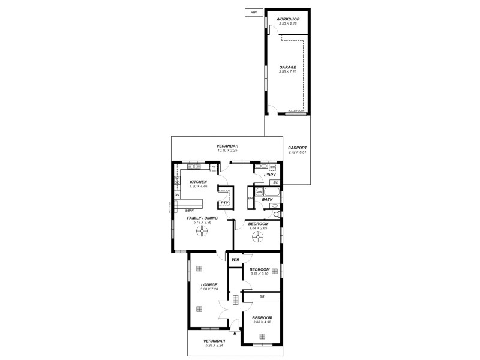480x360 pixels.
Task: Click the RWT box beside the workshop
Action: click(253, 13)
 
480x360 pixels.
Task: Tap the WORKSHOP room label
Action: click(287, 19)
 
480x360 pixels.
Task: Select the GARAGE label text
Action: click(287, 67)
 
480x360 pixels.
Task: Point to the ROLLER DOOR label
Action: click(296, 111)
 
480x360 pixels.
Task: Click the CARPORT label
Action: click(297, 148)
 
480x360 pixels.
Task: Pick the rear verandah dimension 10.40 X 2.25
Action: click(227, 151)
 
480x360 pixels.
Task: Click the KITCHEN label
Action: click(199, 182)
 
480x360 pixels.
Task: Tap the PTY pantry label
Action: click(224, 203)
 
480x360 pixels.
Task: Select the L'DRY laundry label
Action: click(269, 175)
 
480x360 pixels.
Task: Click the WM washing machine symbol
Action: click(272, 167)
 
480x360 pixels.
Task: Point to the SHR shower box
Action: click(259, 193)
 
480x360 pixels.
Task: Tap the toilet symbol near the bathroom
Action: click(275, 214)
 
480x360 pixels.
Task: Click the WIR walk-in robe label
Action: click(236, 259)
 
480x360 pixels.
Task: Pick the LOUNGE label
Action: click(201, 284)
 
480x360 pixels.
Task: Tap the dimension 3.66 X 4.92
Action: click(262, 322)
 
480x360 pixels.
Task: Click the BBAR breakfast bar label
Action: click(188, 210)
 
